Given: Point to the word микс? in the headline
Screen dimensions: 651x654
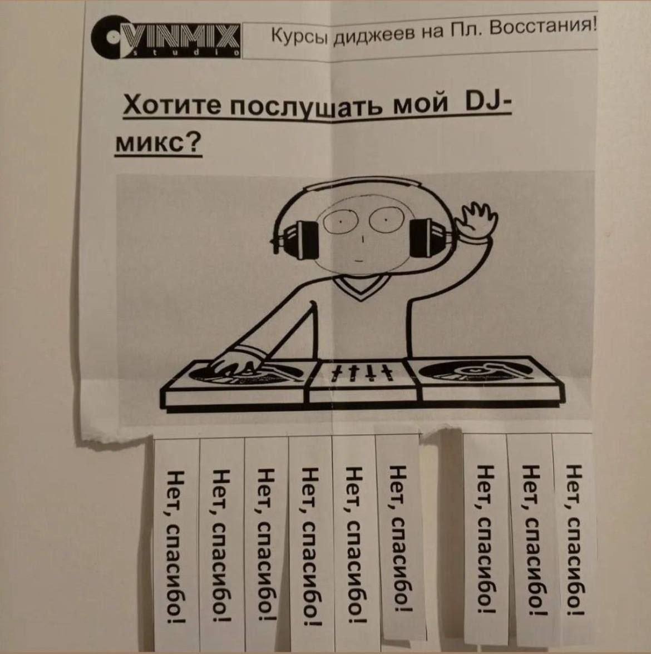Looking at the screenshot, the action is (x=158, y=144).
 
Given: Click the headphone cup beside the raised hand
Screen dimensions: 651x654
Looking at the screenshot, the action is (x=426, y=238).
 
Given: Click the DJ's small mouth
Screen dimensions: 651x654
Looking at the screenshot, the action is (x=358, y=260).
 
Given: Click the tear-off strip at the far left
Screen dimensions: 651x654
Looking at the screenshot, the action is (x=177, y=543).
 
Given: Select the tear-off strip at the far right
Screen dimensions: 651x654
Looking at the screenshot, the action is (x=574, y=538).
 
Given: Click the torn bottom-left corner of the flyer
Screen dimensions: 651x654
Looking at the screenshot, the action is (x=83, y=439).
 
